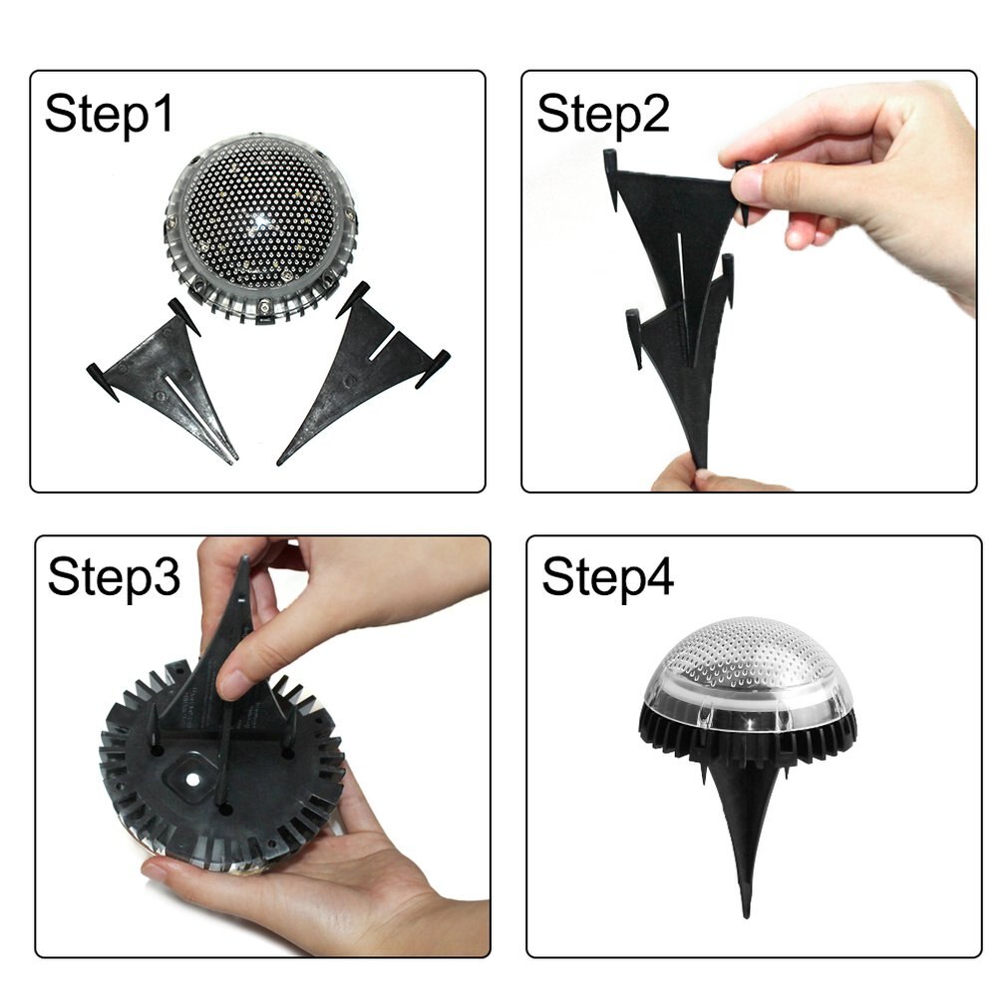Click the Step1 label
[x=109, y=114]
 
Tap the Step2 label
[x=602, y=114]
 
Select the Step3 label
[x=114, y=577]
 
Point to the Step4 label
[x=607, y=577]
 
